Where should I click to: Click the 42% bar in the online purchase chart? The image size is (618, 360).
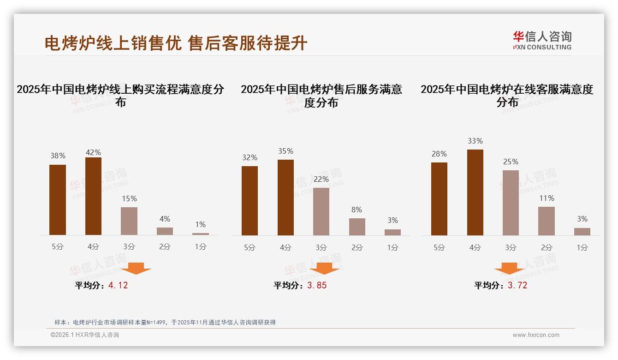pyautogui.click(x=93, y=196)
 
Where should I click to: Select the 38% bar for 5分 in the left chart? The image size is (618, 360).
pyautogui.click(x=58, y=200)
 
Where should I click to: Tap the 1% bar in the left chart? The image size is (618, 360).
pyautogui.click(x=200, y=234)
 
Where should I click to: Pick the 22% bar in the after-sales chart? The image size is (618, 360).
pyautogui.click(x=321, y=211)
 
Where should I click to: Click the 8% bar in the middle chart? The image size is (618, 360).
pyautogui.click(x=357, y=227)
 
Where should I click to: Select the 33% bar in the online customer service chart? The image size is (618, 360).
pyautogui.click(x=475, y=192)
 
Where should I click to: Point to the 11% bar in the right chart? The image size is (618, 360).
pyautogui.click(x=547, y=221)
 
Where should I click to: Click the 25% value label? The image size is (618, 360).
pyautogui.click(x=511, y=162)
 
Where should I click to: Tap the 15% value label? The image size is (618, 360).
pyautogui.click(x=129, y=199)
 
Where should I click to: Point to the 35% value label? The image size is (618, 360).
pyautogui.click(x=285, y=151)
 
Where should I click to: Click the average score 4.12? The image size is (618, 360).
pyautogui.click(x=118, y=285)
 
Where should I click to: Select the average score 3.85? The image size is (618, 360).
pyautogui.click(x=317, y=285)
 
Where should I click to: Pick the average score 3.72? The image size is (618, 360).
pyautogui.click(x=517, y=285)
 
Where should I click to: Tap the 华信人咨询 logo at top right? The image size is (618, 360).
pyautogui.click(x=542, y=40)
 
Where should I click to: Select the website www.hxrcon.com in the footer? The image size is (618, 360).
pyautogui.click(x=536, y=335)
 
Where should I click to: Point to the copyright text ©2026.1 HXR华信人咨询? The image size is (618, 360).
pyautogui.click(x=85, y=335)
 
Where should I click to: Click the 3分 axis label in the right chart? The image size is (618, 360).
pyautogui.click(x=511, y=247)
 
